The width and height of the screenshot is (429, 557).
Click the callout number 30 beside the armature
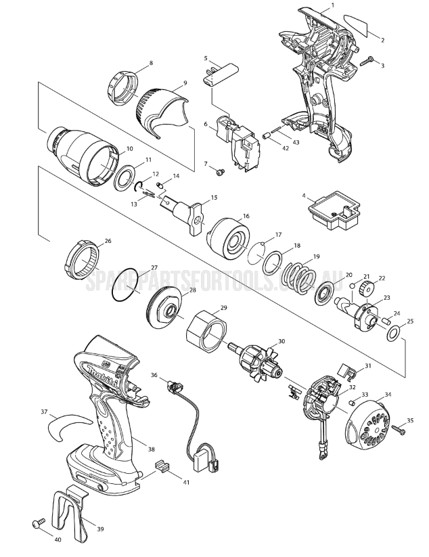click(x=281, y=342)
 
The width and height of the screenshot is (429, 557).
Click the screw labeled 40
click(x=37, y=523)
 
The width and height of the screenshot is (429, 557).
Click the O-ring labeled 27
click(x=126, y=286)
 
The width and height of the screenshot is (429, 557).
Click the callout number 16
click(x=246, y=216)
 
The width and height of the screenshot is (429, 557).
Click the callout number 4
click(x=304, y=196)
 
